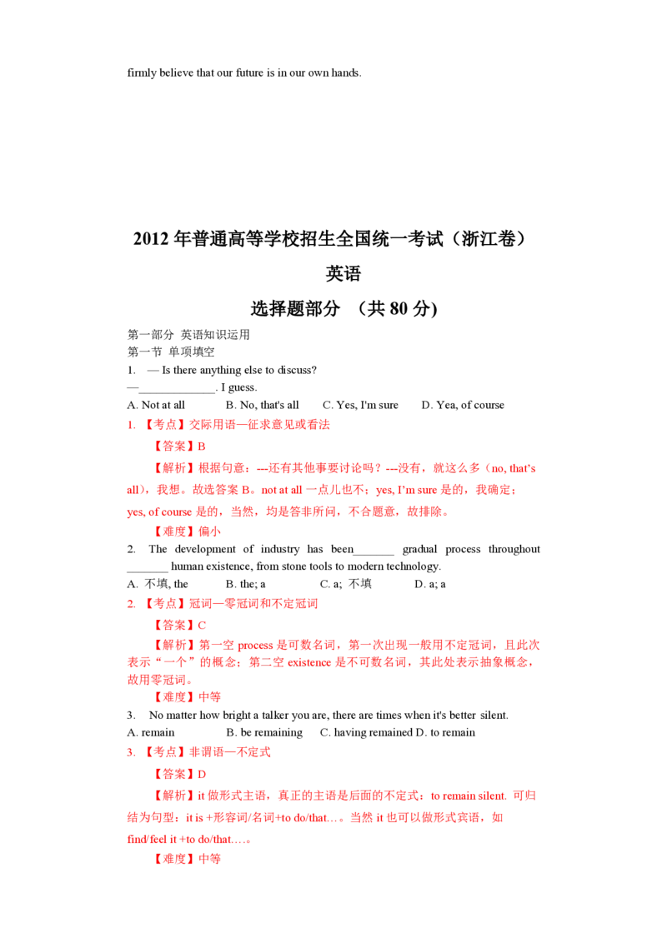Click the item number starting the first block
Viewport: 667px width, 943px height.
tap(131, 426)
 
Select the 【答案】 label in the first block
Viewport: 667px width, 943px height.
tap(173, 447)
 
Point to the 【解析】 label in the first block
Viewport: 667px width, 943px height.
tap(173, 470)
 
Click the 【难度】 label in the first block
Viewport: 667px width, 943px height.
tap(173, 532)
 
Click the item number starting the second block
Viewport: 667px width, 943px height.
tap(131, 603)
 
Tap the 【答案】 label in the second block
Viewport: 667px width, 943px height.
tap(173, 624)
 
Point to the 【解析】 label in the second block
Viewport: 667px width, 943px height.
tap(173, 646)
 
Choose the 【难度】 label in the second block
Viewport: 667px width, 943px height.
tap(173, 698)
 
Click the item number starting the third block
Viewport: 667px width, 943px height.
tap(131, 753)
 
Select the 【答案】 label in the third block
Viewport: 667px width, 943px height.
tap(173, 775)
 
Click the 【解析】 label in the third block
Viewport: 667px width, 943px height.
tap(173, 797)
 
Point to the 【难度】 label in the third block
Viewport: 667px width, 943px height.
tap(173, 859)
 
